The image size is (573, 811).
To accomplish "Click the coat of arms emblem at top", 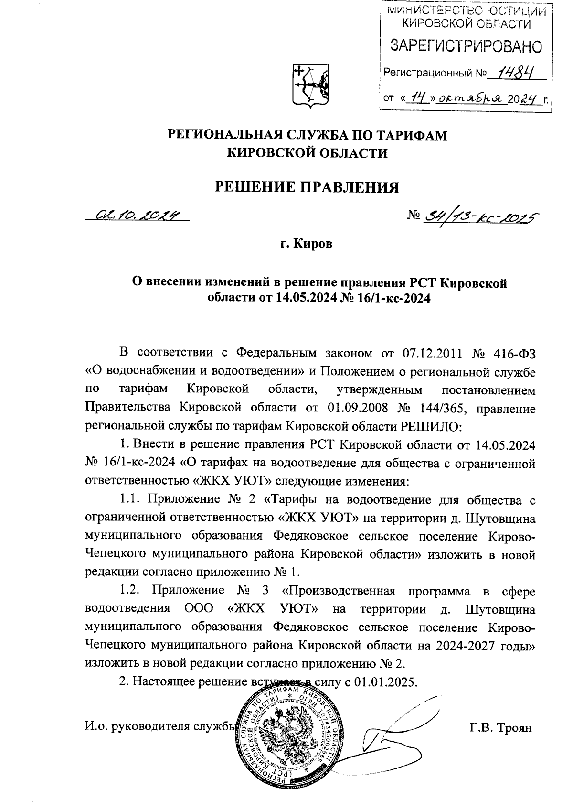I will (x=309, y=85).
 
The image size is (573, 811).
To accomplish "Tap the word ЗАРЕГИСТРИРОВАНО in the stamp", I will (x=466, y=46).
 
